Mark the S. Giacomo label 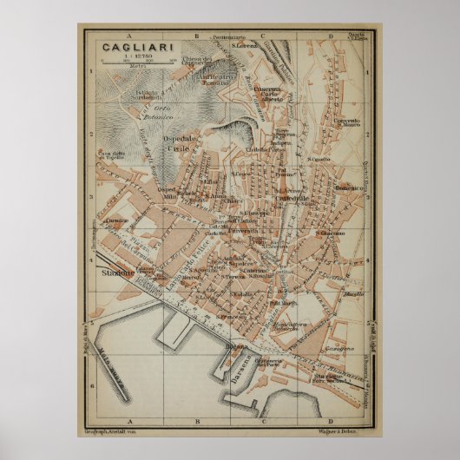pos(331,233)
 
